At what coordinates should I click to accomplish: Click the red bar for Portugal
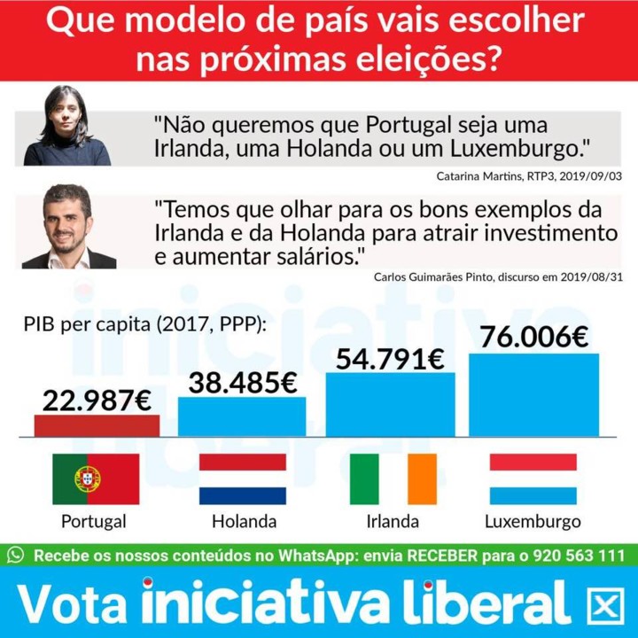[97, 425]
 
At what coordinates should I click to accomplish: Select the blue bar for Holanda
[242, 416]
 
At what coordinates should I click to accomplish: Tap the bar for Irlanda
[391, 404]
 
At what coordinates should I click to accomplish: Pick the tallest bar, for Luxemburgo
[533, 395]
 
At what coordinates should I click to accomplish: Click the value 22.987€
[97, 401]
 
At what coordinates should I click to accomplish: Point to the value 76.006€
[534, 338]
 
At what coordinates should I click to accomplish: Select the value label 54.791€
[390, 360]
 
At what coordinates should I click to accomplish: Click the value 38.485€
[243, 383]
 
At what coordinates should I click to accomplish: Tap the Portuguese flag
[96, 478]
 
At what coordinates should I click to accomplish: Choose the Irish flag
[393, 478]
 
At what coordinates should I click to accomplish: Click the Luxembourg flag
[533, 478]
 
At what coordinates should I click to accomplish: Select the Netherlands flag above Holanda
[243, 478]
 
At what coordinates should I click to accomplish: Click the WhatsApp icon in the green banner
[15, 555]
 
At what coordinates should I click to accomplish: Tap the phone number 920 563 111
[578, 556]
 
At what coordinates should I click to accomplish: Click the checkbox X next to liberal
[605, 606]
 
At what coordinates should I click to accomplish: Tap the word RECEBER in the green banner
[442, 556]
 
